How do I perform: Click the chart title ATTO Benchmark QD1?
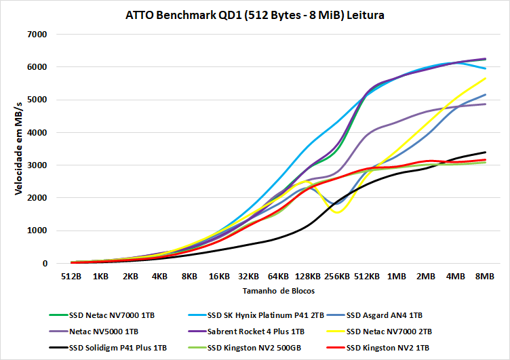click(255, 15)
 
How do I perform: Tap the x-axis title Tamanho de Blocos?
click(278, 290)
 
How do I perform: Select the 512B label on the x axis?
click(71, 277)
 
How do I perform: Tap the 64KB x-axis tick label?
click(278, 277)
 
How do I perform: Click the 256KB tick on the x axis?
click(337, 277)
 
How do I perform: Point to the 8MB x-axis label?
click(485, 277)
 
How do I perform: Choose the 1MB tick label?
click(397, 277)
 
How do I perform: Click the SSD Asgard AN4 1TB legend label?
click(385, 315)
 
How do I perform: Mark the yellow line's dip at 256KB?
click(337, 212)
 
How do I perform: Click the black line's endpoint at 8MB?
click(485, 152)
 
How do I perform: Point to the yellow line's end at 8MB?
click(485, 78)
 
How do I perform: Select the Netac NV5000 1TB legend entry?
click(105, 332)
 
